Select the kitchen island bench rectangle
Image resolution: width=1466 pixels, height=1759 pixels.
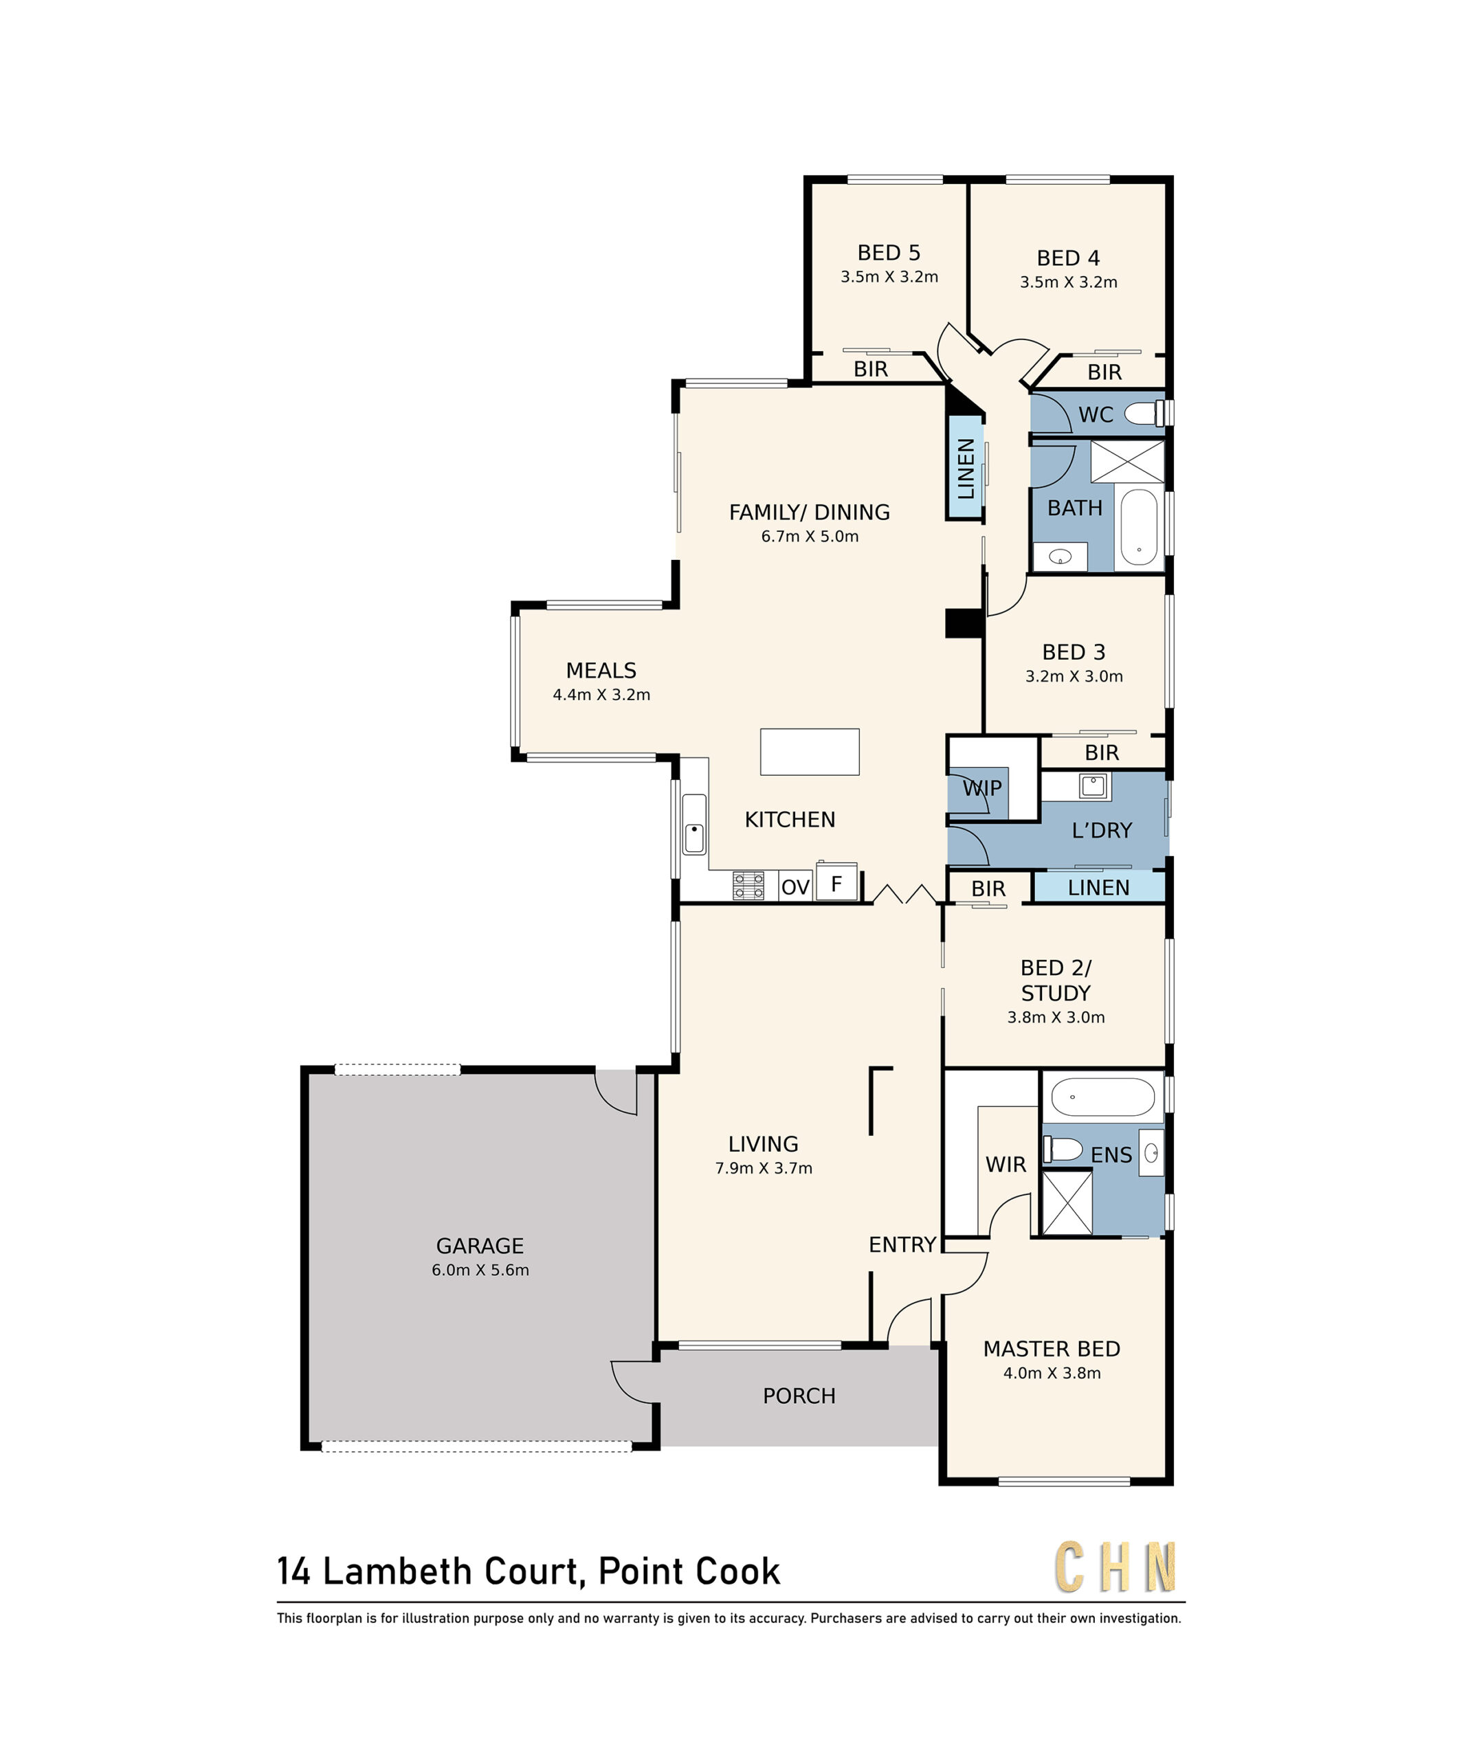[x=809, y=751]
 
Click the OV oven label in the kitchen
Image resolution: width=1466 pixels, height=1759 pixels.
[x=795, y=887]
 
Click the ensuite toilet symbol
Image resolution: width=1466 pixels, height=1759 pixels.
[x=1063, y=1148]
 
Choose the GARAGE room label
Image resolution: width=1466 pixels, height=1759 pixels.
[x=480, y=1246]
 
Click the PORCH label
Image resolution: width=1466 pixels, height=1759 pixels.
[x=799, y=1396]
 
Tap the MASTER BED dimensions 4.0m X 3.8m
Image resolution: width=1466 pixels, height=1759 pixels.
[x=1052, y=1373]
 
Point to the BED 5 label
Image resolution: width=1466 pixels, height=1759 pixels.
[x=889, y=252]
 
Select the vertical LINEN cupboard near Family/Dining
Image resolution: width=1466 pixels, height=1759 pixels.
[x=965, y=469]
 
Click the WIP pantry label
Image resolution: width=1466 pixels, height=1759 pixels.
[x=982, y=788]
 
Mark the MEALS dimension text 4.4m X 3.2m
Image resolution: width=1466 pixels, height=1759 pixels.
[x=601, y=695]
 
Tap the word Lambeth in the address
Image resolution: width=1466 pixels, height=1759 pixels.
[x=398, y=1571]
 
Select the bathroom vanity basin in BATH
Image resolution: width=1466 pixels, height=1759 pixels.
[x=1060, y=556]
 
